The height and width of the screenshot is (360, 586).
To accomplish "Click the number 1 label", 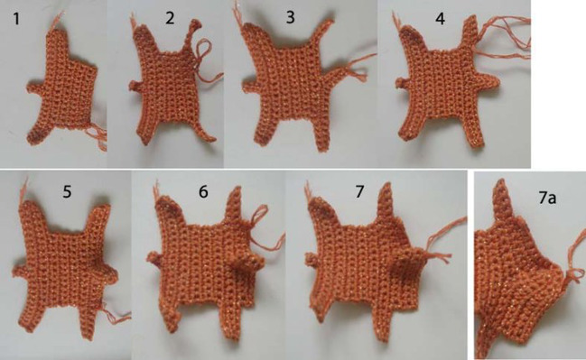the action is (x=16, y=19).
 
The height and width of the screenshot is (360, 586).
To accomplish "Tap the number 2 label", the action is (x=170, y=18).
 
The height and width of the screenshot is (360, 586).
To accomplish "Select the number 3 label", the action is (x=291, y=17).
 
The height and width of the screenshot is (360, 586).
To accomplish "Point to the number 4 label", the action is (x=441, y=19).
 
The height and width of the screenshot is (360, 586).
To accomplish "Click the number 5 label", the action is (x=67, y=191).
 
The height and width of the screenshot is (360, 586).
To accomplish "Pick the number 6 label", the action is (x=203, y=191).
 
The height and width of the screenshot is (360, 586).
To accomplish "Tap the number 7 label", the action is (x=359, y=191).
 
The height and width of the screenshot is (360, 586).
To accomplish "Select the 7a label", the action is (x=547, y=198).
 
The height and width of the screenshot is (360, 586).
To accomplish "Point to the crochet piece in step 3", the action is (x=295, y=84).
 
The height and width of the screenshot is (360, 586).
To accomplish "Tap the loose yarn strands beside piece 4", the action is (x=505, y=37).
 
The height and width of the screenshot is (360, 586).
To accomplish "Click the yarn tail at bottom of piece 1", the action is (x=98, y=136).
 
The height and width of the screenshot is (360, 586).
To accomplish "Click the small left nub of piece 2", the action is (x=135, y=86).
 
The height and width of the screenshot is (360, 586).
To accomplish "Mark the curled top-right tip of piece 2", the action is (x=195, y=24).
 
